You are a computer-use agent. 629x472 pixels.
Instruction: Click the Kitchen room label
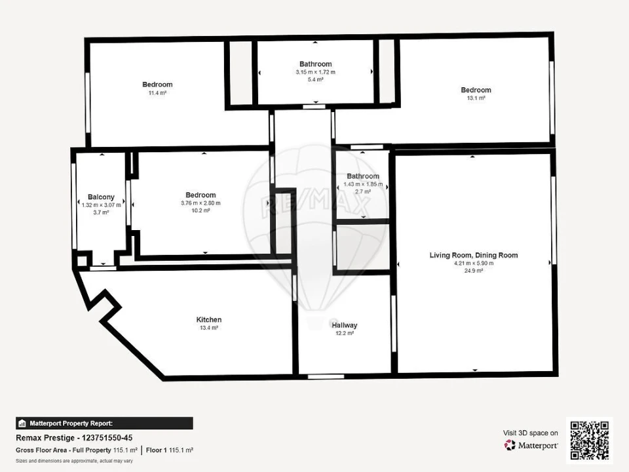click(209, 320)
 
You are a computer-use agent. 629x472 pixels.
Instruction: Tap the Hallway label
click(344, 325)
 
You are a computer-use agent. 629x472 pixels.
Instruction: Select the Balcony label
click(101, 197)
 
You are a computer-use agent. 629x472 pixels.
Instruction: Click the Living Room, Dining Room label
click(473, 256)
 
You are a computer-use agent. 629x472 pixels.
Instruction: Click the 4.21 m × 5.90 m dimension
click(473, 264)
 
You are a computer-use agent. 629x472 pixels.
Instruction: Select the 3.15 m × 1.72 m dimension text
click(315, 72)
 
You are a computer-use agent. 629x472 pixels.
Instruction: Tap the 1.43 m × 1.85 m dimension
click(362, 184)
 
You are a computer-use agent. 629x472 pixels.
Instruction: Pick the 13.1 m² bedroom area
click(476, 98)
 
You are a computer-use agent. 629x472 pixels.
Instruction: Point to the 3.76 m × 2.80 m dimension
click(200, 203)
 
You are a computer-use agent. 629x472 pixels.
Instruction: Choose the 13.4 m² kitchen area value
click(209, 328)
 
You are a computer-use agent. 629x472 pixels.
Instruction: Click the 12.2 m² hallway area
click(344, 333)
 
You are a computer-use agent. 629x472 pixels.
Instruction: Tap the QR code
click(589, 440)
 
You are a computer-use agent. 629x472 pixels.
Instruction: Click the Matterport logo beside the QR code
click(531, 445)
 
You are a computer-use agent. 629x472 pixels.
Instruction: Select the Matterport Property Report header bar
click(104, 423)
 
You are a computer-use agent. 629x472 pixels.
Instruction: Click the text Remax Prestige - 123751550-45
click(67, 437)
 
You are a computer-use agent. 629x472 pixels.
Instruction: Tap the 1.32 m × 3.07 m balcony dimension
click(101, 205)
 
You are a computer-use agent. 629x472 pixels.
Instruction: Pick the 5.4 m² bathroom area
click(315, 79)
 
